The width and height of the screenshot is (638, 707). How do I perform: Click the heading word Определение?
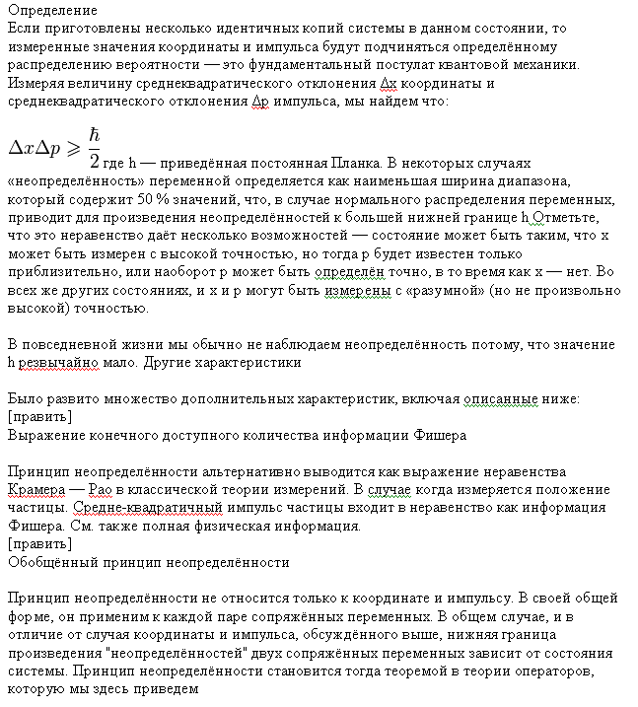[51, 11]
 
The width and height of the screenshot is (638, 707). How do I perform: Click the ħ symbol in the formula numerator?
[95, 134]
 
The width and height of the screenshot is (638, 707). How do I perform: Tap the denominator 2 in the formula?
[95, 160]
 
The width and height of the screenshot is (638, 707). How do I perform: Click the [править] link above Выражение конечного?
[38, 417]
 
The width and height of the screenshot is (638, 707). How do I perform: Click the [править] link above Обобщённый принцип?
[38, 543]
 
